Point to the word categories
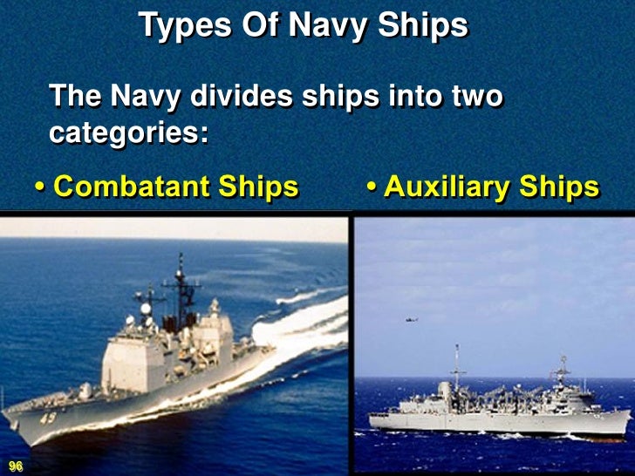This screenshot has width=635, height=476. (128, 134)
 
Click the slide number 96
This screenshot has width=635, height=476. (15, 467)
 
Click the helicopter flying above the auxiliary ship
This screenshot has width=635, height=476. (411, 321)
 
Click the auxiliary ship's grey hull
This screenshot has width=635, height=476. (488, 422)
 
